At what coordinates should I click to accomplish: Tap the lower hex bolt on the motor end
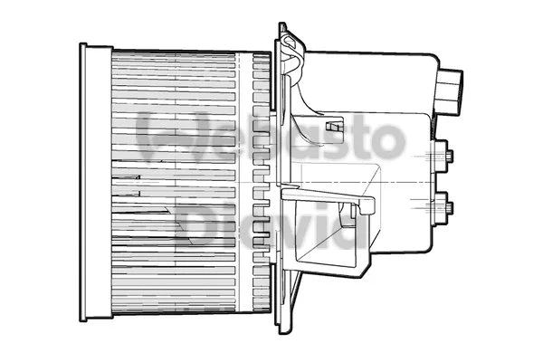[x=445, y=209]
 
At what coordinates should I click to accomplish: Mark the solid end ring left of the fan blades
[x=94, y=181]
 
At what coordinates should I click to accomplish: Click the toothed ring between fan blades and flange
[x=262, y=181]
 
